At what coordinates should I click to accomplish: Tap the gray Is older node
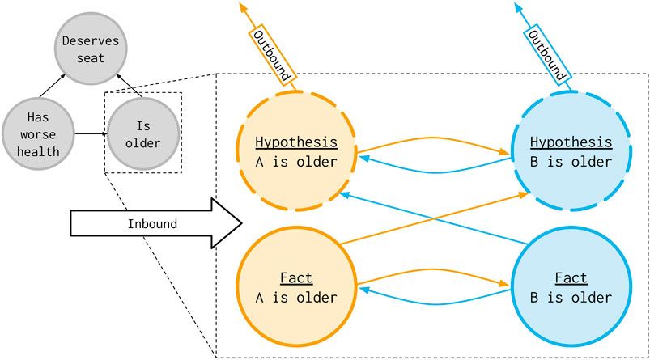coord(142,133)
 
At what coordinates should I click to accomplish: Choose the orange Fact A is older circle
coord(295,286)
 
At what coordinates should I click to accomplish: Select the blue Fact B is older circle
coord(571,286)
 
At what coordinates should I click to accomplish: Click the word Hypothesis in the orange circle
coord(295,142)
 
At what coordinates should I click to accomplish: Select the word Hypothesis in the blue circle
coord(571,142)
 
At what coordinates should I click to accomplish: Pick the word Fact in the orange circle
coord(295,279)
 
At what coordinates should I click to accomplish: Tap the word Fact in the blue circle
coord(571,279)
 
